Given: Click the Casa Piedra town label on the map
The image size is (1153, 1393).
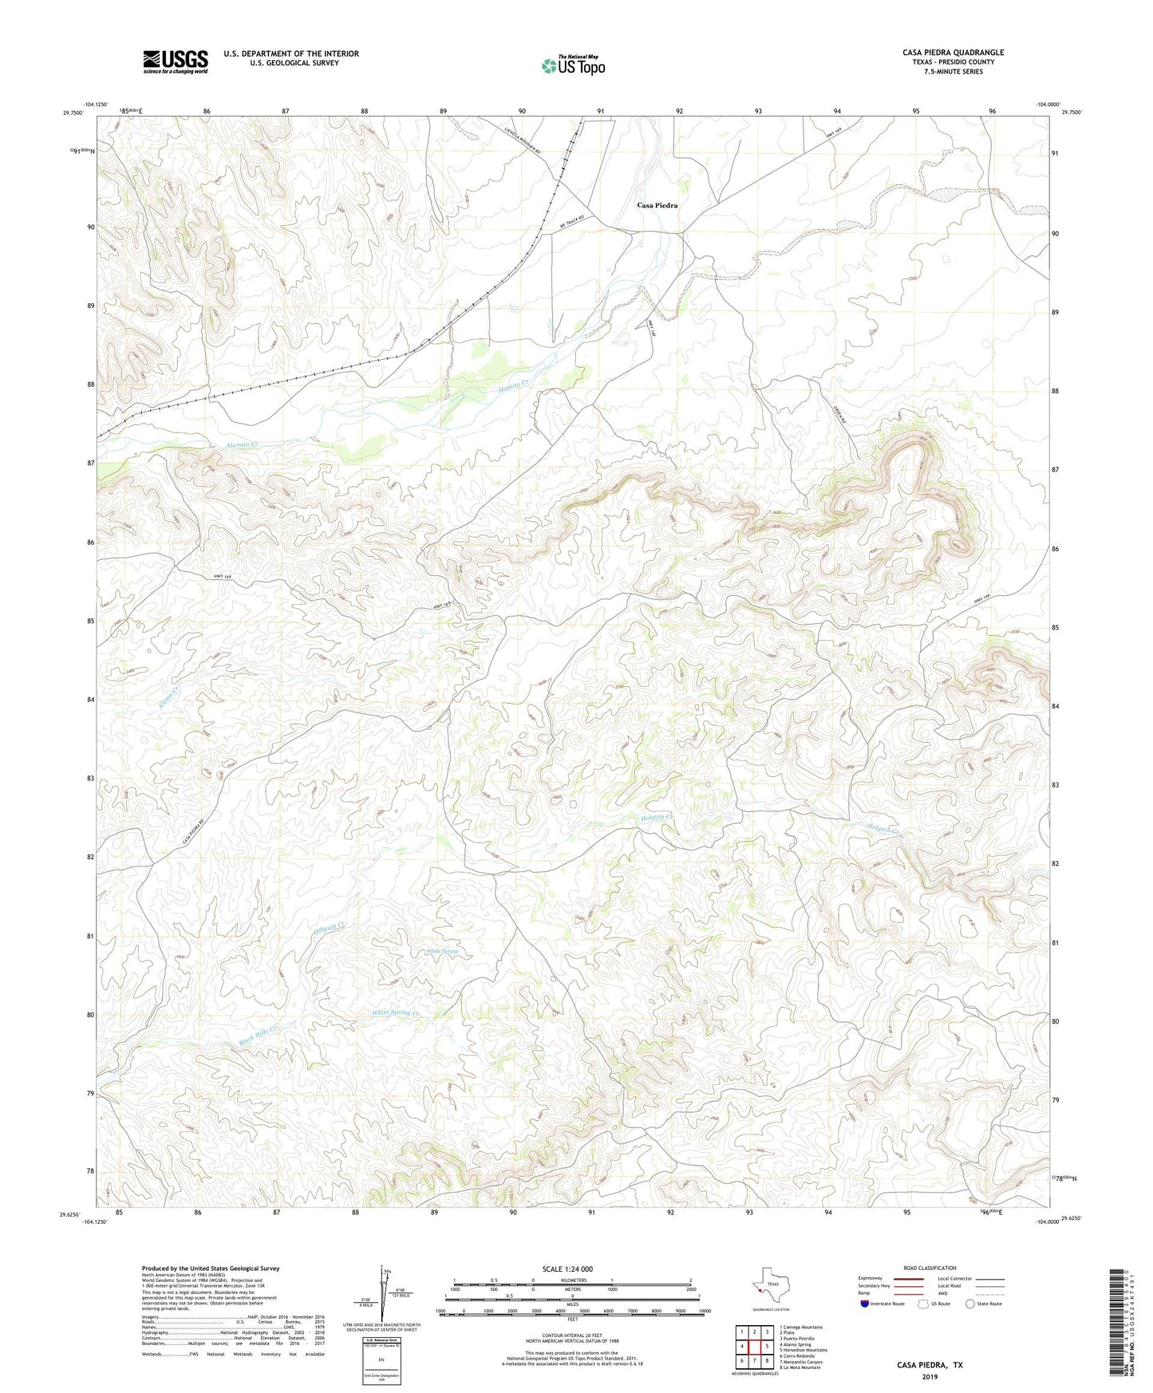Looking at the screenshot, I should click(657, 205).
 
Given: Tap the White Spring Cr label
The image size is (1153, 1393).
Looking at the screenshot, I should click(394, 1012).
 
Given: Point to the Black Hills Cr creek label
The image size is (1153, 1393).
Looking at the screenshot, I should click(258, 1035).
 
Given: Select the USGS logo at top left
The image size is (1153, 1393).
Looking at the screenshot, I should click(176, 61).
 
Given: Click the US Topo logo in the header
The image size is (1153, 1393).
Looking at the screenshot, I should click(573, 65).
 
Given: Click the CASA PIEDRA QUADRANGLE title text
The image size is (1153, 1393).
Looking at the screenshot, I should click(953, 53).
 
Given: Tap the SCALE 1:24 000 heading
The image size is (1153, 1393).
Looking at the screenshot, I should click(567, 1269).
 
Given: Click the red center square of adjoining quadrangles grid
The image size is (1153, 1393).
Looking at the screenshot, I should click(754, 1347).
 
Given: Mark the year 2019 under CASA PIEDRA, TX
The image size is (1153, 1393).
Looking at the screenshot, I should click(930, 1377).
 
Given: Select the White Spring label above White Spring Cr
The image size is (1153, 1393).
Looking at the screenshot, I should click(442, 951).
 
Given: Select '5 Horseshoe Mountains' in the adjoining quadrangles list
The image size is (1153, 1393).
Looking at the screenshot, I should click(803, 1350).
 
